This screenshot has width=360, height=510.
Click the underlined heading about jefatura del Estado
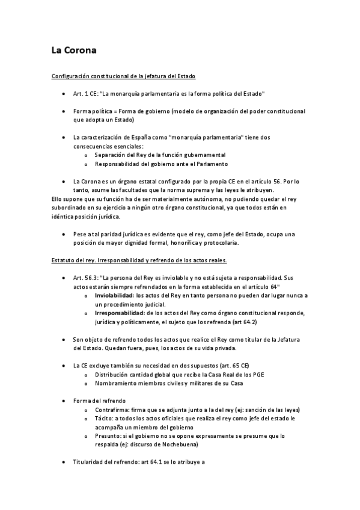123,77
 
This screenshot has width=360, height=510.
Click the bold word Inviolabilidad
114,296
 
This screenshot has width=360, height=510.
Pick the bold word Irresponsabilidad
118,313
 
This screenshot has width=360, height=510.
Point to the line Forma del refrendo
99,400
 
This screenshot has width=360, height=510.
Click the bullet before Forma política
64,112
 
